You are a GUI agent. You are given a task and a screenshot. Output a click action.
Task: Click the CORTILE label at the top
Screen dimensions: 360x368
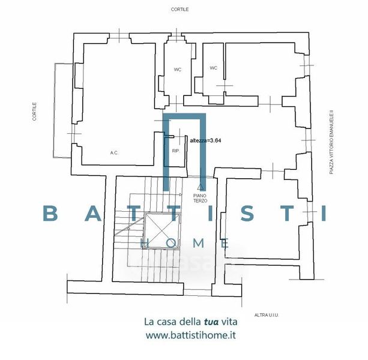pyautogui.click(x=179, y=10)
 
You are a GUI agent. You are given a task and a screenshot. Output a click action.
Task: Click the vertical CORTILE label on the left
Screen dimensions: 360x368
pyautogui.click(x=34, y=112)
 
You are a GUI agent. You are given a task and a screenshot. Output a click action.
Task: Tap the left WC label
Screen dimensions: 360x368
pyautogui.click(x=178, y=70)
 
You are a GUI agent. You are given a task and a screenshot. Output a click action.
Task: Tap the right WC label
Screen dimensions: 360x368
pyautogui.click(x=213, y=68)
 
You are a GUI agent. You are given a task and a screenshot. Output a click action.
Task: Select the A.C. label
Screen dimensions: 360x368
pyautogui.click(x=114, y=153)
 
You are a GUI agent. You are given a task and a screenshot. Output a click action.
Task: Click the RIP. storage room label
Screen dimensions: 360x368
pyautogui.click(x=176, y=151)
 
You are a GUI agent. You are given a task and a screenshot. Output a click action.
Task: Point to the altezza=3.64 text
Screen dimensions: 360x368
pyautogui.click(x=205, y=140)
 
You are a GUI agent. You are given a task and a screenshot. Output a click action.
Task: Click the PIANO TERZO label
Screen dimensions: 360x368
pyautogui.click(x=201, y=198)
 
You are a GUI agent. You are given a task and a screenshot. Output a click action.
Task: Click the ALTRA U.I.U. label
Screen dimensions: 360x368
pyautogui.click(x=267, y=314)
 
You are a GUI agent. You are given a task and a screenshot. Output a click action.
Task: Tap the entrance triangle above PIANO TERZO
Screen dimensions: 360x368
pyautogui.click(x=201, y=188)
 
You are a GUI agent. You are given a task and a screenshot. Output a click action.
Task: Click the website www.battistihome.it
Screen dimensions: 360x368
pyautogui.click(x=190, y=336)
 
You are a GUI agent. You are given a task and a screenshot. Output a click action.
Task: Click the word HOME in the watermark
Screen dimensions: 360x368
pyautogui.click(x=185, y=243)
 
